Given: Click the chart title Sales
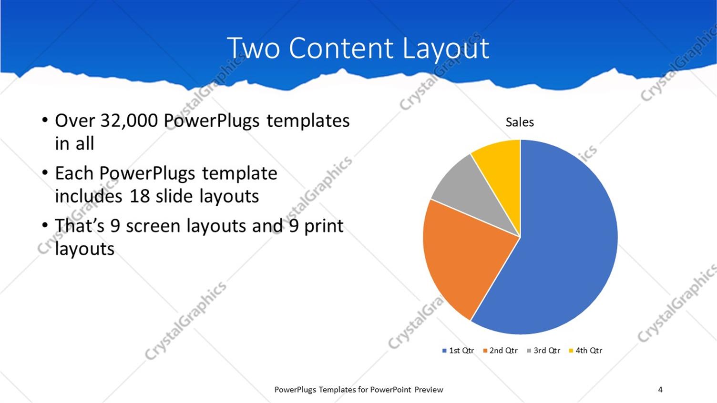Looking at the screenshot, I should [520, 122].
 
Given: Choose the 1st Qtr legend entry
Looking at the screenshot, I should [458, 351].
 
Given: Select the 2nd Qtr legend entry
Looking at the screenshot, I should [500, 351].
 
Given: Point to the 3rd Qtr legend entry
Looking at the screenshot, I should [543, 351].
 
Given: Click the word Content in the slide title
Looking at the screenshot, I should [341, 48].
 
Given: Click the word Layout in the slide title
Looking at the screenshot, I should [446, 48].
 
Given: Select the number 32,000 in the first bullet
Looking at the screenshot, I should [129, 121].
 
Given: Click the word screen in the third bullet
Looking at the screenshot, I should [153, 226].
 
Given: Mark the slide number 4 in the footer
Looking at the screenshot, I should [660, 390].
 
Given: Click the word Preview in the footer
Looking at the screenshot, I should [429, 390].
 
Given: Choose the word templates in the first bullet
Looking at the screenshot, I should [308, 121].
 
